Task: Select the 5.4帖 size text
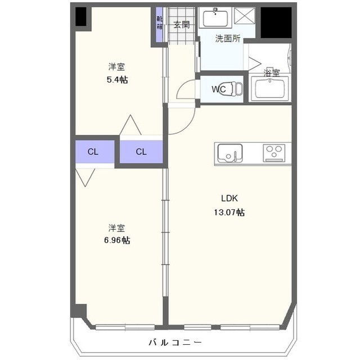pos(117,80)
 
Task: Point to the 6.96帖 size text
pos(117,240)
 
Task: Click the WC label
pos(218,89)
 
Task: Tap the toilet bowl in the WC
pos(237,88)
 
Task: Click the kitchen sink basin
pos(229,152)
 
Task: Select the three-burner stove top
pos(274,152)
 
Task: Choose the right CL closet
pos(141,151)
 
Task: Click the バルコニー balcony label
pos(175,342)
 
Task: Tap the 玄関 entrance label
pos(181,24)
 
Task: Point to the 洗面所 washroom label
pos(228,39)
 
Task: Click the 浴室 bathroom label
pos(272,73)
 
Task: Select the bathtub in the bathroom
pos(269,89)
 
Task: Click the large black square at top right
pos(276,22)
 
